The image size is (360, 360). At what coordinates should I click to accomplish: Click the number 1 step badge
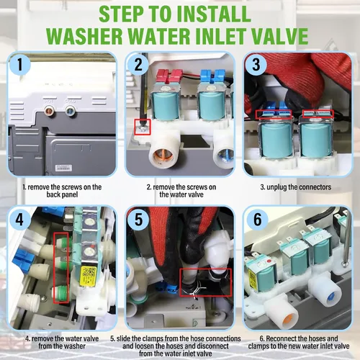[20, 64]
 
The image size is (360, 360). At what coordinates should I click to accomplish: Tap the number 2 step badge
[138, 64]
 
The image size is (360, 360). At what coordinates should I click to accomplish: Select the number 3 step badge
[256, 64]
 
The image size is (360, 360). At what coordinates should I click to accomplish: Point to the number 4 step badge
[19, 219]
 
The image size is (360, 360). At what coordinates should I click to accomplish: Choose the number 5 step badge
[138, 219]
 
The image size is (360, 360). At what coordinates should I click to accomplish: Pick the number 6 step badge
[257, 219]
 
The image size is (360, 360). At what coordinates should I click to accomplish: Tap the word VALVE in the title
[280, 36]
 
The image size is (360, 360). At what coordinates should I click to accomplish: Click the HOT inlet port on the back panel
[49, 111]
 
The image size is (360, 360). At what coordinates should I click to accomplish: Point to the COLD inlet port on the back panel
[71, 111]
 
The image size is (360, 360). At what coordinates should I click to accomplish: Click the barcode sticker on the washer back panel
[63, 168]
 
